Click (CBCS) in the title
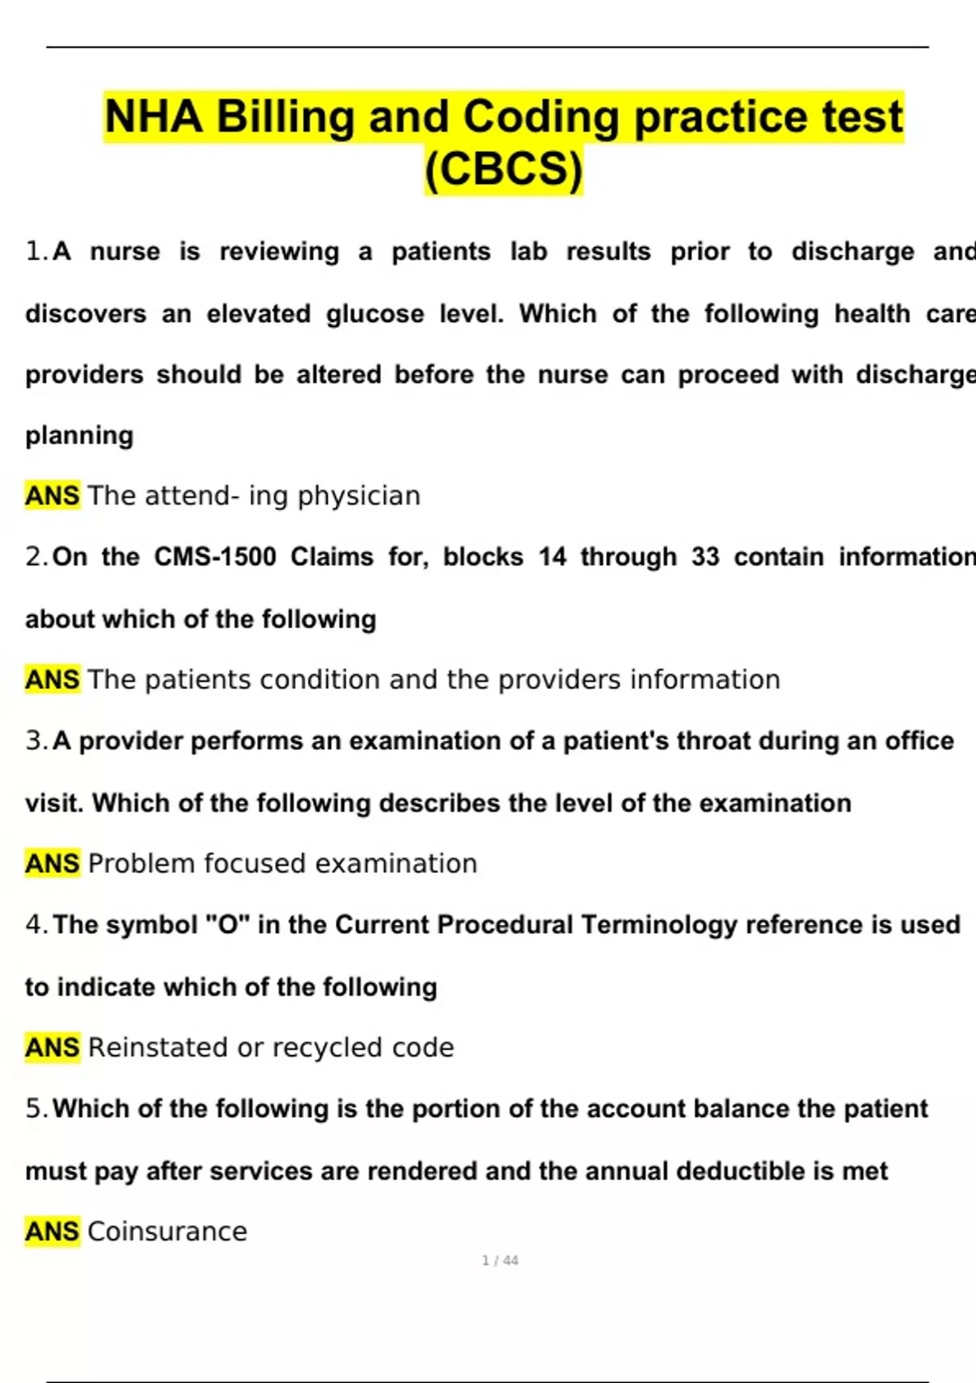[503, 168]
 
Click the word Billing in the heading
[285, 116]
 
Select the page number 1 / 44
[499, 1260]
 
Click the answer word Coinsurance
[167, 1231]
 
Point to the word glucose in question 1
[375, 313]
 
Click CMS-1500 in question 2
[215, 556]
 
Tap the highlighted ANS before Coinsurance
[52, 1231]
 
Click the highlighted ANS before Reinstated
[52, 1047]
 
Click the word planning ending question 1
[79, 435]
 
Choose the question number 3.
[35, 740]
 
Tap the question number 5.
[35, 1108]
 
